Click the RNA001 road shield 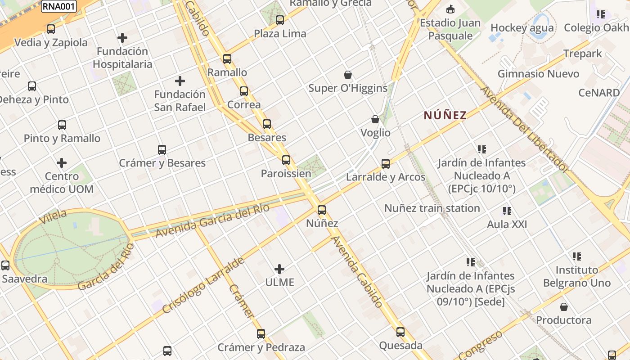[x=59, y=6]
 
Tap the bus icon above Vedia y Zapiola [x=51, y=29]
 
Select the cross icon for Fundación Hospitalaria [x=122, y=38]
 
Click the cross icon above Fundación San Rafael [x=180, y=81]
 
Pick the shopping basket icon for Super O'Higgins [x=348, y=75]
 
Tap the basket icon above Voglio [x=375, y=119]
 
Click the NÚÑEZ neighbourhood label [x=445, y=115]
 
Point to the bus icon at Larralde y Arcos [x=386, y=163]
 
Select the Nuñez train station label [x=432, y=208]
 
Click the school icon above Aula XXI [x=507, y=211]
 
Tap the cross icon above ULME [x=279, y=269]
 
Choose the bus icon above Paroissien [x=286, y=160]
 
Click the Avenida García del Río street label [x=212, y=220]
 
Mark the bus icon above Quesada [x=400, y=332]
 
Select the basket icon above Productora [x=563, y=307]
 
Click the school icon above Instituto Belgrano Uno [x=577, y=256]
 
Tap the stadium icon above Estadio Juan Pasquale [x=450, y=9]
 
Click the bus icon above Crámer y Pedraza [x=261, y=334]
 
